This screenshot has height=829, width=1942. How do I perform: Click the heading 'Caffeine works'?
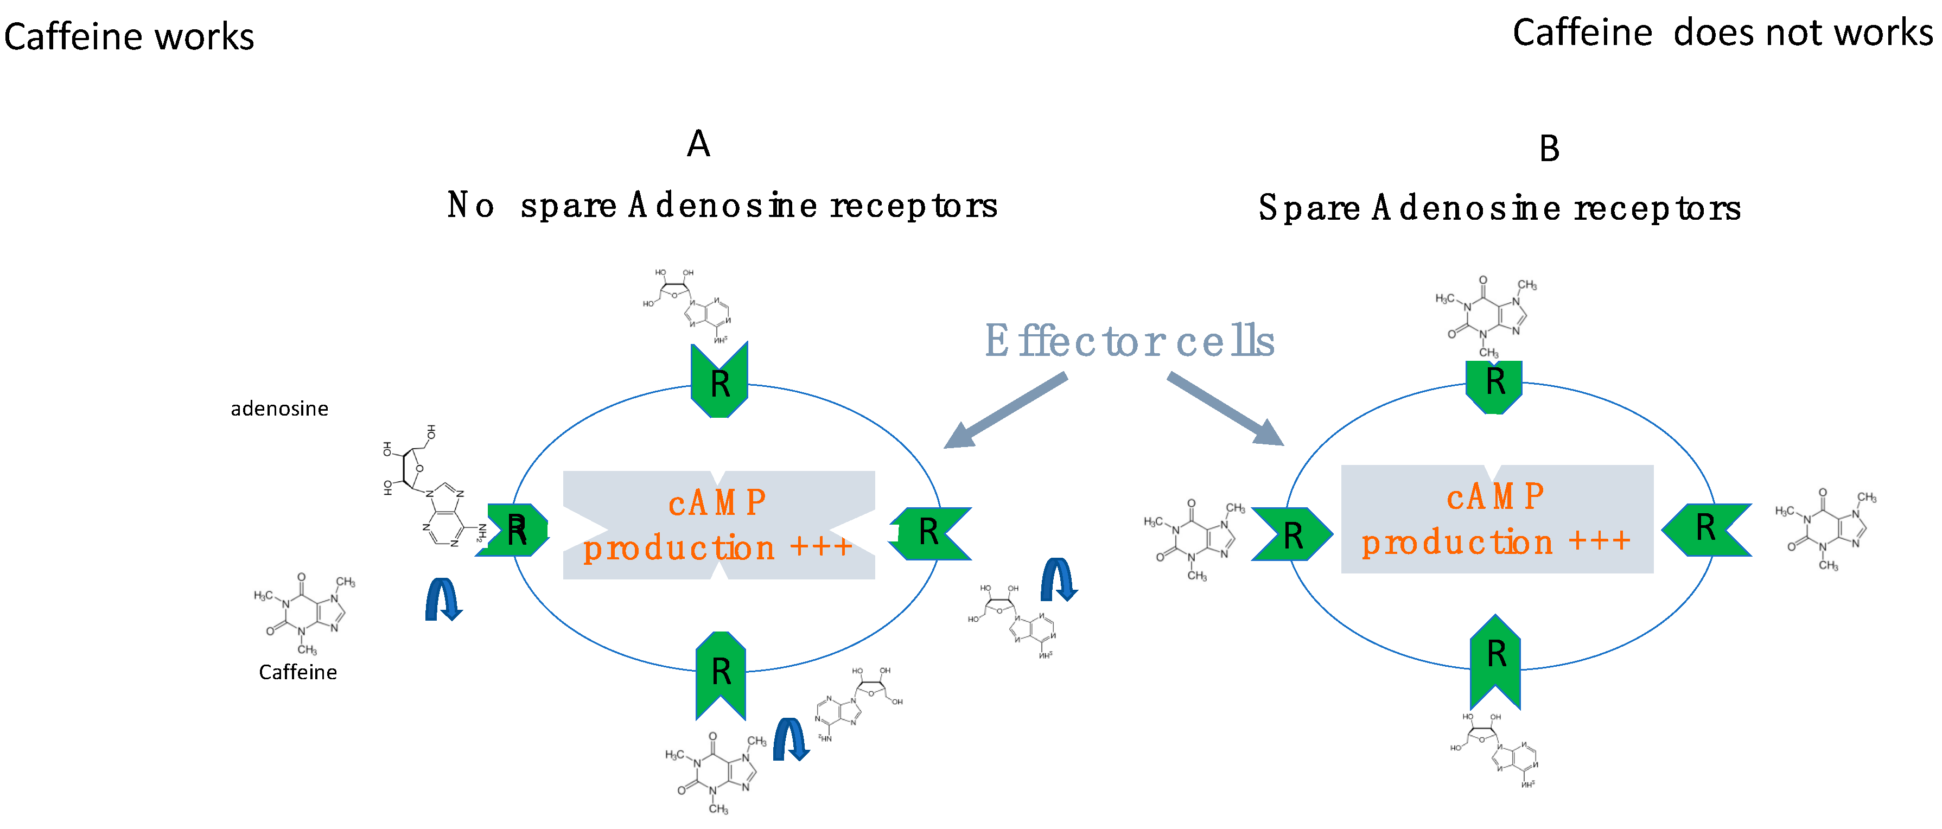[129, 37]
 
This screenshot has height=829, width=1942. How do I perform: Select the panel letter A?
[698, 143]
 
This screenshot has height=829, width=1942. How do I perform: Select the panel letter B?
[1549, 149]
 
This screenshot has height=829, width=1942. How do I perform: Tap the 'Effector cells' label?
[1129, 341]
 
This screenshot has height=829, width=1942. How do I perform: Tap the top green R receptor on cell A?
[719, 380]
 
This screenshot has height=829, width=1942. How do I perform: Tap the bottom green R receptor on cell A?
[721, 673]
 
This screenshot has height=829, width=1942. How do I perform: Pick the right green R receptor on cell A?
[929, 533]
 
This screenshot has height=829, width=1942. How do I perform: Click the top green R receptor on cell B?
[1494, 384]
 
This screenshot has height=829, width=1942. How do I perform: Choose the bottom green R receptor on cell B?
[1495, 658]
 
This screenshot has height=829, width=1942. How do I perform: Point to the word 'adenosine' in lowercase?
[279, 409]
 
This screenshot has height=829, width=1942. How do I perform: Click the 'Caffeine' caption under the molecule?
[298, 672]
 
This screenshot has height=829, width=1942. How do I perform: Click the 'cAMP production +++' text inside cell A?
[718, 525]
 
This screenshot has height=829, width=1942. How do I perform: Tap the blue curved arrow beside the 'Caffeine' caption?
[443, 599]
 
